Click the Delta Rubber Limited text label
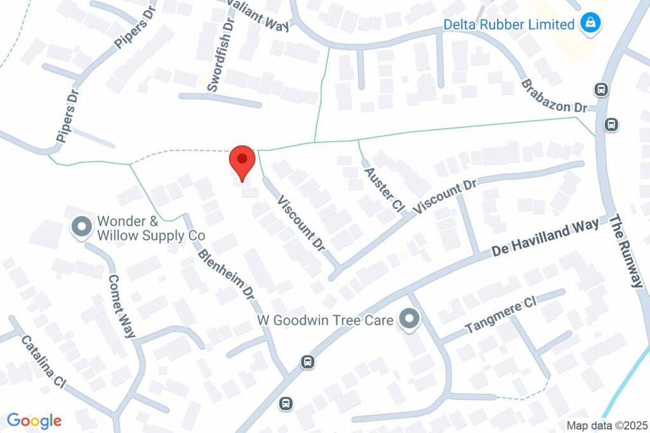coord(508,25)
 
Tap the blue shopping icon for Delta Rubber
coord(590,24)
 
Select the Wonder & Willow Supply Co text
coord(150,229)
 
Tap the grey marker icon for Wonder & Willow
coord(81,227)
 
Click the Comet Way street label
coord(121,305)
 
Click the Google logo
coord(34,420)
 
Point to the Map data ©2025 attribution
coord(606,425)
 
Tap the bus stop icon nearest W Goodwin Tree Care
coord(308,362)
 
